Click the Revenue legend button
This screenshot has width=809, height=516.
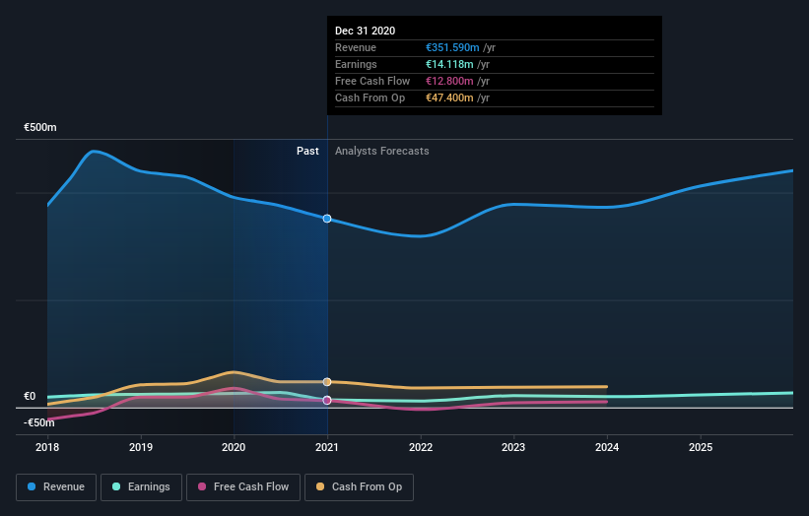pos(56,486)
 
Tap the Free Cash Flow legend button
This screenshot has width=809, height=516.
pos(242,486)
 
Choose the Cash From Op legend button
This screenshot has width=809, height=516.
pos(360,486)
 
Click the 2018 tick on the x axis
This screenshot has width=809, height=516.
pos(47,446)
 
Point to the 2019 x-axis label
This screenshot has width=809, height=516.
pos(141,446)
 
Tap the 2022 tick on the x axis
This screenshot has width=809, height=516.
pos(421,446)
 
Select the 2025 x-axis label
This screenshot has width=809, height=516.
pos(701,446)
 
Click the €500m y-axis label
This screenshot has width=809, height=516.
pos(40,128)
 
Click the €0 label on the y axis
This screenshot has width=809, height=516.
pos(30,397)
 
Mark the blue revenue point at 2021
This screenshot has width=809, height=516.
pos(327,219)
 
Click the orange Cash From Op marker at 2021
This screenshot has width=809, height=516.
pos(327,382)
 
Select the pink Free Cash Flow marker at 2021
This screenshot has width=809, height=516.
pos(327,400)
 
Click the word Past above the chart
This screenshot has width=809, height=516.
pos(307,151)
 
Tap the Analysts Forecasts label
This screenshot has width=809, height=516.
pos(381,151)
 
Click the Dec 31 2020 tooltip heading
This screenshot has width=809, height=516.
pos(365,31)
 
